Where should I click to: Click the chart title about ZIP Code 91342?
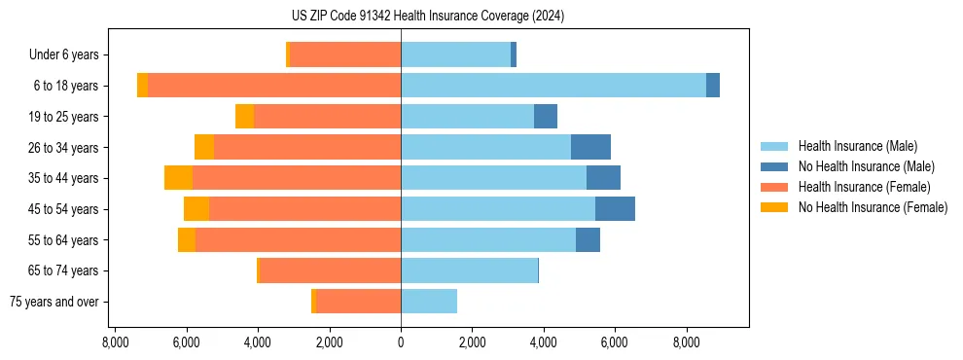pos(427,17)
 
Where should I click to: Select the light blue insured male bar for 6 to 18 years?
pos(553,86)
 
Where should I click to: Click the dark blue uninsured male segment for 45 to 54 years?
pos(615,208)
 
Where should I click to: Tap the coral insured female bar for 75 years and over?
pos(358,302)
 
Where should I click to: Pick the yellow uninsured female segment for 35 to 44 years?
pos(178,178)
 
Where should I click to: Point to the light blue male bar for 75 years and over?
pos(429,302)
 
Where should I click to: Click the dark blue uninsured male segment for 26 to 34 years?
pos(590,147)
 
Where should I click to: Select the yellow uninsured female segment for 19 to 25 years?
pos(244,117)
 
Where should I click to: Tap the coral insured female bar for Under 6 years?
pos(345,54)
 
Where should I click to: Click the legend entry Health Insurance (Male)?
pos(857,146)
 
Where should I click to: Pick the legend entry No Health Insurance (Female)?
pos(873,207)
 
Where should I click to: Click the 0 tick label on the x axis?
pos(401,342)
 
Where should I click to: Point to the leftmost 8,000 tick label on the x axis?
pos(115,342)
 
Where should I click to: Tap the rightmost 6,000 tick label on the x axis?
pos(615,342)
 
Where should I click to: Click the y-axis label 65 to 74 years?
pos(65,270)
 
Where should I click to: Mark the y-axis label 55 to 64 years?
pos(65,240)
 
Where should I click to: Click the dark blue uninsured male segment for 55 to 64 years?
pos(588,239)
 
